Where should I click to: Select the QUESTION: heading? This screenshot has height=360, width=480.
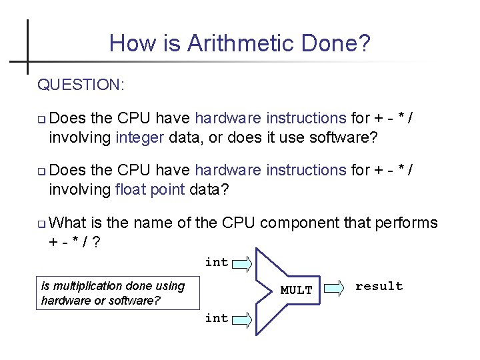tap(81, 85)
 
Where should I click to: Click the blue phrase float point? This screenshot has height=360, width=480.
tap(150, 189)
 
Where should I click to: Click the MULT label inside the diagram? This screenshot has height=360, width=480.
tap(296, 290)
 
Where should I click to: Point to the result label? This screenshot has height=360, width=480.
tap(379, 286)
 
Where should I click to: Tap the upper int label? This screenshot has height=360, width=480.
tap(217, 262)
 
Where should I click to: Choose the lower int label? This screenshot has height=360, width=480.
tap(217, 318)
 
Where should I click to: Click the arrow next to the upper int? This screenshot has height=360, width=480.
tap(242, 262)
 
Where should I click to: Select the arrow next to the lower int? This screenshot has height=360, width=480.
tap(242, 319)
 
